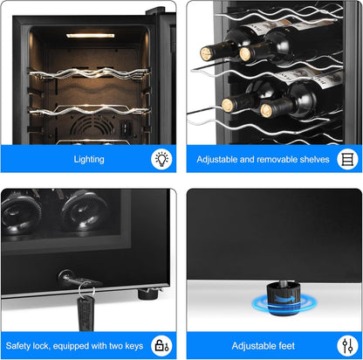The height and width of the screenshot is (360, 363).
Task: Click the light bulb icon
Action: pos(161,159)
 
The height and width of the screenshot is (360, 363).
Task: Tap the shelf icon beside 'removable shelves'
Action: pos(347,159)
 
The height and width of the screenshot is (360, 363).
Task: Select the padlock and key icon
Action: pos(161,345)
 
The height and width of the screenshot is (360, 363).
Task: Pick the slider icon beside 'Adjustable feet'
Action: pos(347,346)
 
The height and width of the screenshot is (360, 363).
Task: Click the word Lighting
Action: pos(89,159)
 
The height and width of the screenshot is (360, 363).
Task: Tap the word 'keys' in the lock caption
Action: pos(134,346)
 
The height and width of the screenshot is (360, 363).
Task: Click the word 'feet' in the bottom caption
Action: pos(286,346)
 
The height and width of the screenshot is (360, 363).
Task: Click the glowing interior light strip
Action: pos(90,36)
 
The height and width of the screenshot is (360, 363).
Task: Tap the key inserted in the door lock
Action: pos(75,278)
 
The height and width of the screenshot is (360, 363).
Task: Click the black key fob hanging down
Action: pos(86,314)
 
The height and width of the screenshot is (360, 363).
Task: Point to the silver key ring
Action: pos(86,289)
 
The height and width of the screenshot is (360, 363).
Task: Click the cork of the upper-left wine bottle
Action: pos(207,54)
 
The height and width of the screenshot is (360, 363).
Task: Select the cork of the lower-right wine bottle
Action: pos(266,111)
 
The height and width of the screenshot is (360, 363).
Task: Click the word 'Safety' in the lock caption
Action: pos(18,346)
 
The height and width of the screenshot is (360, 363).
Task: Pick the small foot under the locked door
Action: pos(148,294)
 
